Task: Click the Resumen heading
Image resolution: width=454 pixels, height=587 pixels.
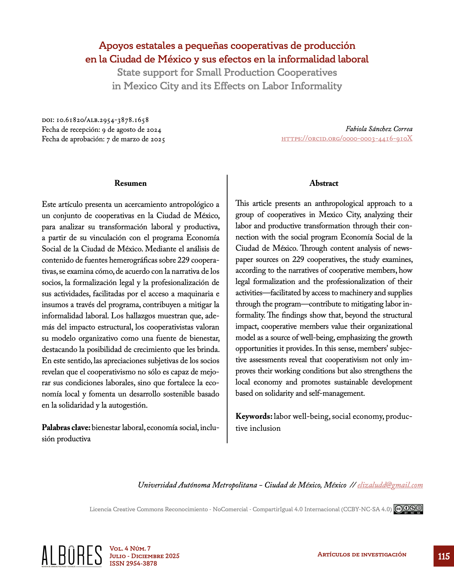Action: pos(130,183)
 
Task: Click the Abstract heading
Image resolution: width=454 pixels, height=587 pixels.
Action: pos(324,183)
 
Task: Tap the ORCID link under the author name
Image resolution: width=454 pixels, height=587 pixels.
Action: pos(347,138)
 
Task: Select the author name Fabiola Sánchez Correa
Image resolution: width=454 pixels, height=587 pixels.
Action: pos(379,129)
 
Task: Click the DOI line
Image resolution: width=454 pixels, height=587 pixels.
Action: pos(95,120)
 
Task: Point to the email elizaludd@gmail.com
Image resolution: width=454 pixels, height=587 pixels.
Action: pos(390,485)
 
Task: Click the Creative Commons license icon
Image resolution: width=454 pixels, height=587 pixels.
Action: pos(408,509)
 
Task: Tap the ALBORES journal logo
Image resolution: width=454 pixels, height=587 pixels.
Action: pos(72,556)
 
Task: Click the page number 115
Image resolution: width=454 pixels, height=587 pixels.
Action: pos(443,556)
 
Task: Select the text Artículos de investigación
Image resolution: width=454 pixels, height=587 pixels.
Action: pos(362,554)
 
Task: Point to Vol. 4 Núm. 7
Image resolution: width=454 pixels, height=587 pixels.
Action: pos(130,549)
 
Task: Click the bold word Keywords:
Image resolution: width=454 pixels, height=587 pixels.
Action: pos(254,416)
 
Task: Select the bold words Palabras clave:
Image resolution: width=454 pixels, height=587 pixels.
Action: pos(66,427)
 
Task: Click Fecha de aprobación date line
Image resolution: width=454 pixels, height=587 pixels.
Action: pos(103,139)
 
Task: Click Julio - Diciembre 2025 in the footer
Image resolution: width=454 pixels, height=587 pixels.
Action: pos(144,556)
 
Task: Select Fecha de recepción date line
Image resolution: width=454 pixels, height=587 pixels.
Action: pos(101,130)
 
